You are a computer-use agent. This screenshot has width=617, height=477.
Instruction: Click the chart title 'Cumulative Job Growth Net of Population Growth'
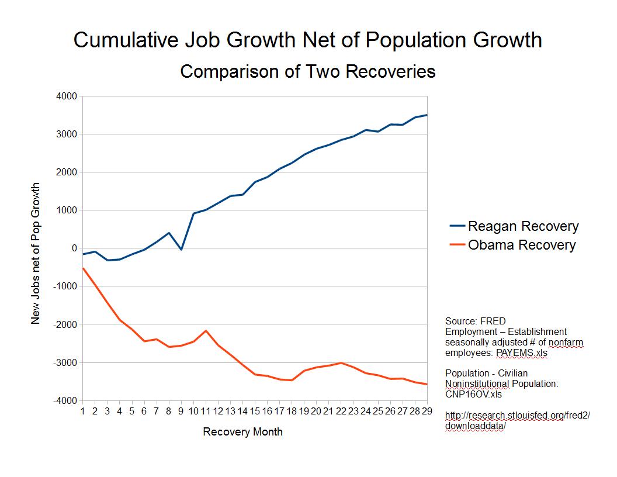tap(308, 40)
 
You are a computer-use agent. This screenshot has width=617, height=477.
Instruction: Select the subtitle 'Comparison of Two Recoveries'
tap(308, 71)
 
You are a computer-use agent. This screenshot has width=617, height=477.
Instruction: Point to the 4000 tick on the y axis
tap(67, 96)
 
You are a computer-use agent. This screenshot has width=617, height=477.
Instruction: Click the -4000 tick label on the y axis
tap(65, 400)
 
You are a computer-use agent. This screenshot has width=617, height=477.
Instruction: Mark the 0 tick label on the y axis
tap(74, 248)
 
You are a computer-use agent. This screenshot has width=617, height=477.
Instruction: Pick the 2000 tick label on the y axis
tap(67, 172)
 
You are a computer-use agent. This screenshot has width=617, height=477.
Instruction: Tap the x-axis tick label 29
tap(427, 411)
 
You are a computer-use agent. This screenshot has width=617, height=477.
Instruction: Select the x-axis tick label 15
tap(255, 411)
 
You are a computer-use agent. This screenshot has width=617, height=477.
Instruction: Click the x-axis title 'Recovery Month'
tap(242, 432)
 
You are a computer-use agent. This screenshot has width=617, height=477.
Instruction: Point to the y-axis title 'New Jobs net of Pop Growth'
tap(36, 253)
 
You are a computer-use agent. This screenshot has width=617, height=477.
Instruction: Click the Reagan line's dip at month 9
tap(181, 250)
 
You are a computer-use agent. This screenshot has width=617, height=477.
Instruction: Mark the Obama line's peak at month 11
tap(206, 331)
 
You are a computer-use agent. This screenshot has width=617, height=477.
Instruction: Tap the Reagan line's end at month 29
tap(427, 115)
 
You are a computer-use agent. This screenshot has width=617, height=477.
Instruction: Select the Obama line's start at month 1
tap(83, 268)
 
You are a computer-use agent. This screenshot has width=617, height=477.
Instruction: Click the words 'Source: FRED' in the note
tap(476, 321)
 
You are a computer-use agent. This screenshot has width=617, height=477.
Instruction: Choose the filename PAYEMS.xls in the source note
tap(522, 353)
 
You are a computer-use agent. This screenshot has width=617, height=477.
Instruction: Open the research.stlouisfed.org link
tap(518, 420)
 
